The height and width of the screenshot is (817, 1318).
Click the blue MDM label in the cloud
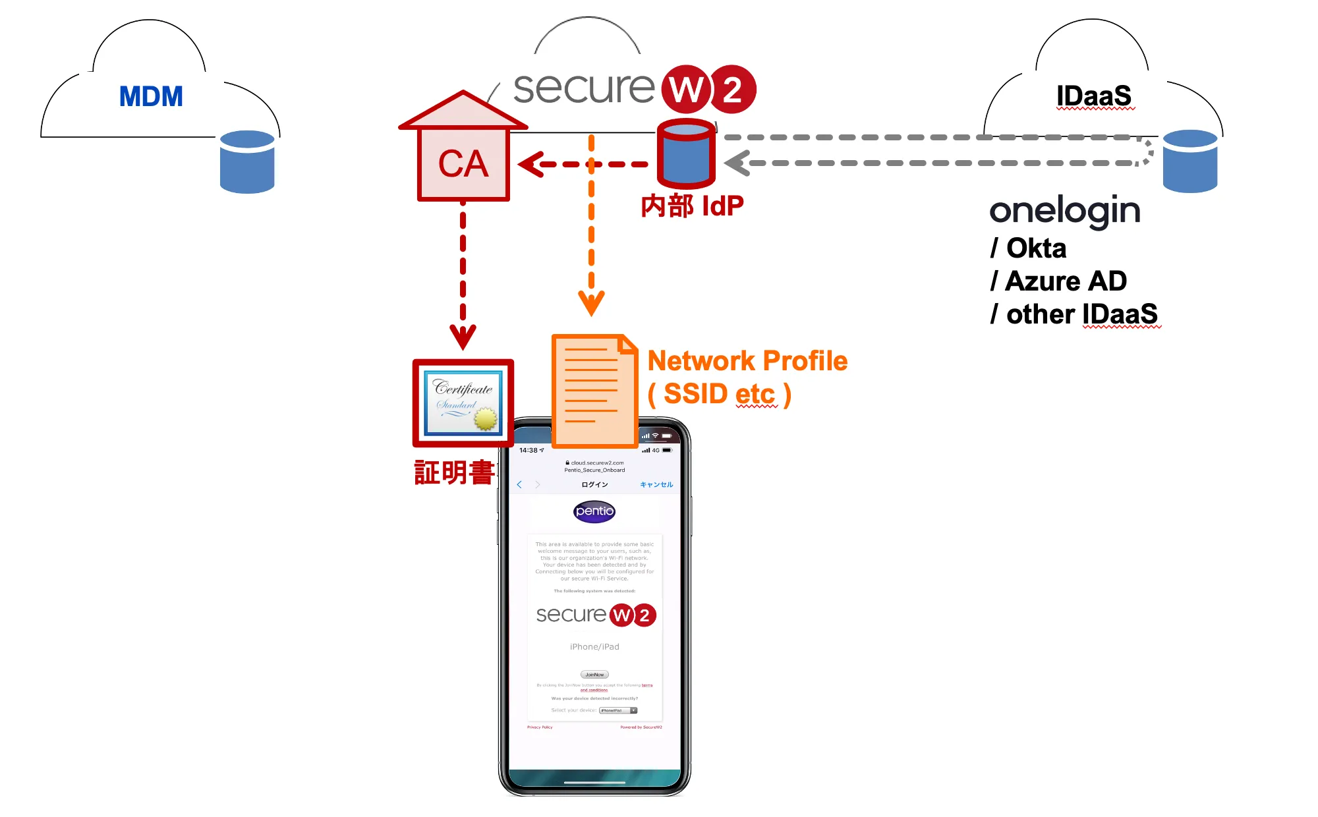click(151, 97)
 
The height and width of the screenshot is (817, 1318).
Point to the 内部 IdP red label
click(692, 206)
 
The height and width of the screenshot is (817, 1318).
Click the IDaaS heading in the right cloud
click(1094, 96)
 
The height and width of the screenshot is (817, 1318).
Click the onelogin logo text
click(1064, 211)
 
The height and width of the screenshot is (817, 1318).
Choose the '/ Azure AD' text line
click(1058, 281)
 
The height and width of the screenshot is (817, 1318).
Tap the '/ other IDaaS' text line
click(1074, 314)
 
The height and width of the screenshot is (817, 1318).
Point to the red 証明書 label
click(454, 472)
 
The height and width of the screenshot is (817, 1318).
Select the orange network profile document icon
click(594, 390)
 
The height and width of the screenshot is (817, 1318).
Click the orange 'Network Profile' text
click(747, 361)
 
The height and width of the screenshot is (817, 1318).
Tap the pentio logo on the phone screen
click(594, 511)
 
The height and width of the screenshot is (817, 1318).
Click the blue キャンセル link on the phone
click(656, 485)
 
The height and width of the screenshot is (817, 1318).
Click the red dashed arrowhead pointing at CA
click(531, 164)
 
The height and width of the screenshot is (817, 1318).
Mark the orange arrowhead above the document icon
click(591, 304)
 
